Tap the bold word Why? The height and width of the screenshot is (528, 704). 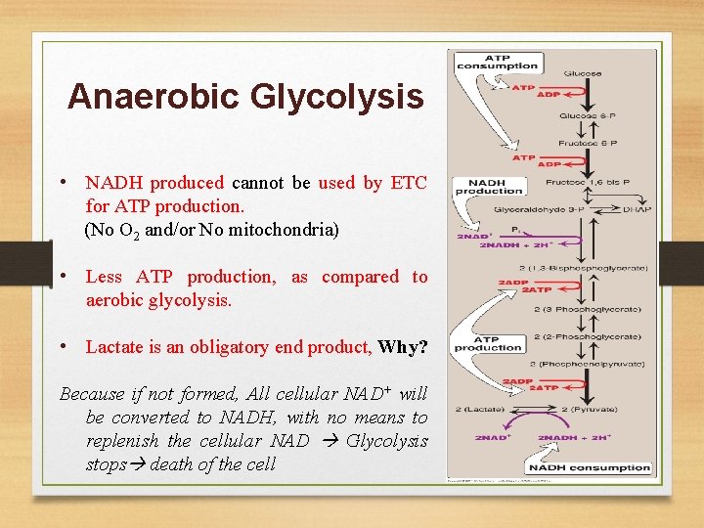[x=402, y=347]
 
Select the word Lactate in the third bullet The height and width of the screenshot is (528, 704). [x=113, y=347]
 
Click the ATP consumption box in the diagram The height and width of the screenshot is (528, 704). [x=497, y=61]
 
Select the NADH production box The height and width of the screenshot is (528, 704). [x=489, y=186]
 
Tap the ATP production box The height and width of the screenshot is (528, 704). [x=488, y=343]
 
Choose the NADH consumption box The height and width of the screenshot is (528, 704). [x=590, y=467]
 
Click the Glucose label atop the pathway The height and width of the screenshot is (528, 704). [x=583, y=73]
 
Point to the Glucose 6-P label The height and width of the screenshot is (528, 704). [x=583, y=115]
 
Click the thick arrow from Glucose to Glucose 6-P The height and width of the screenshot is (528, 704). [x=583, y=94]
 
